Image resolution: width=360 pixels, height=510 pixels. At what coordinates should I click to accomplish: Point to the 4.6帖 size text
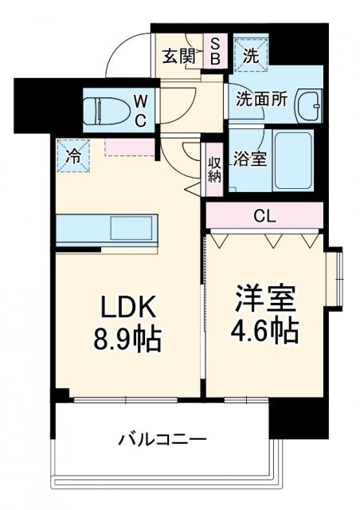(x=266, y=329)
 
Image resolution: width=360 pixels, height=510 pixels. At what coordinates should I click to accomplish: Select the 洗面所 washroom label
(x=256, y=100)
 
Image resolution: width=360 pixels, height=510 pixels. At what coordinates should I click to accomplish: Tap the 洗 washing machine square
(x=250, y=55)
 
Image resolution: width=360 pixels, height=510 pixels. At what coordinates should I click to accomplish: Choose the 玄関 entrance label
(x=178, y=56)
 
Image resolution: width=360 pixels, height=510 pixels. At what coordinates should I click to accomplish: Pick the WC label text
(x=139, y=111)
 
